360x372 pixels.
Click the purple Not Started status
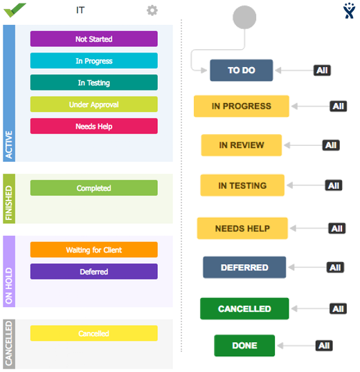point(93,39)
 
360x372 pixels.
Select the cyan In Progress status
point(93,61)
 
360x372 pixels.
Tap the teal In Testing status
point(93,82)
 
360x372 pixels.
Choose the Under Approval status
point(93,104)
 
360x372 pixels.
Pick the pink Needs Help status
point(93,127)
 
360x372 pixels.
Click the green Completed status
point(93,188)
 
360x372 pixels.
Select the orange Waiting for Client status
point(93,250)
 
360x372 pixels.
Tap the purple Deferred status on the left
point(93,272)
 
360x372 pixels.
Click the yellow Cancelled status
point(93,333)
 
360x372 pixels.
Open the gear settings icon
point(152,10)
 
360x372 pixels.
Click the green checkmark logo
point(15,10)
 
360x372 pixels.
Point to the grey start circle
point(244,17)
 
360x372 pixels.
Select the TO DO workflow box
point(242,71)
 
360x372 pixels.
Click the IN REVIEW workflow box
point(242,145)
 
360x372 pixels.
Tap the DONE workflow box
point(244,346)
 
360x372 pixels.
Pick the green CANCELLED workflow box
point(244,308)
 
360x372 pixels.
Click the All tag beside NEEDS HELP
point(336,228)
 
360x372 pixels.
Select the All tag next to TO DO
point(322,71)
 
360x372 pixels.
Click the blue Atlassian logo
point(349,10)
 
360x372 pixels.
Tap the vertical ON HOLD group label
point(9,272)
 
